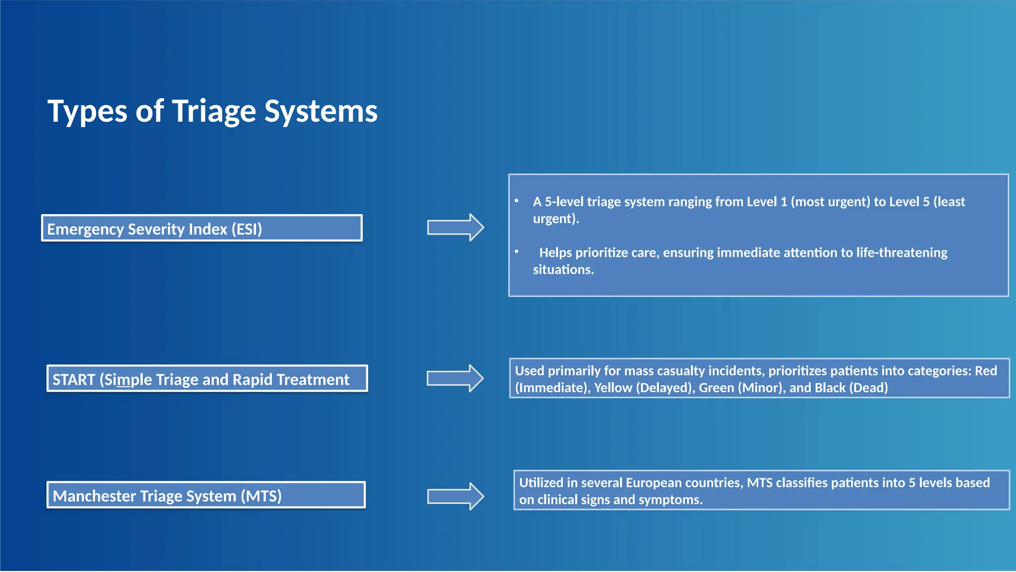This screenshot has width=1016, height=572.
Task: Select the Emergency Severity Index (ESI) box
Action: click(201, 228)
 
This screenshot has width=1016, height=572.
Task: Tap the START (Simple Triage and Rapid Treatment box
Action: click(207, 379)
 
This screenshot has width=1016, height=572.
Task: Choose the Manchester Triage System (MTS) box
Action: click(206, 495)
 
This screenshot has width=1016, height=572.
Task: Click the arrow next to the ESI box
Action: click(455, 228)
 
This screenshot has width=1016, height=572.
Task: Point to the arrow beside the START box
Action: click(455, 378)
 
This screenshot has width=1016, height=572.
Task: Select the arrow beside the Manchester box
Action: click(455, 496)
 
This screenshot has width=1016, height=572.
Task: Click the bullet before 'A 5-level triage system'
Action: click(516, 201)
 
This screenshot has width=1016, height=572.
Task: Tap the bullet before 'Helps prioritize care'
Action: click(516, 252)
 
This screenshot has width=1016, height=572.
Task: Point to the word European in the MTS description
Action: click(654, 483)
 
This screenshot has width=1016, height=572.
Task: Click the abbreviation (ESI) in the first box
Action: click(247, 229)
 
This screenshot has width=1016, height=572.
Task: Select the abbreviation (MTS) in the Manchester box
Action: click(261, 496)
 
